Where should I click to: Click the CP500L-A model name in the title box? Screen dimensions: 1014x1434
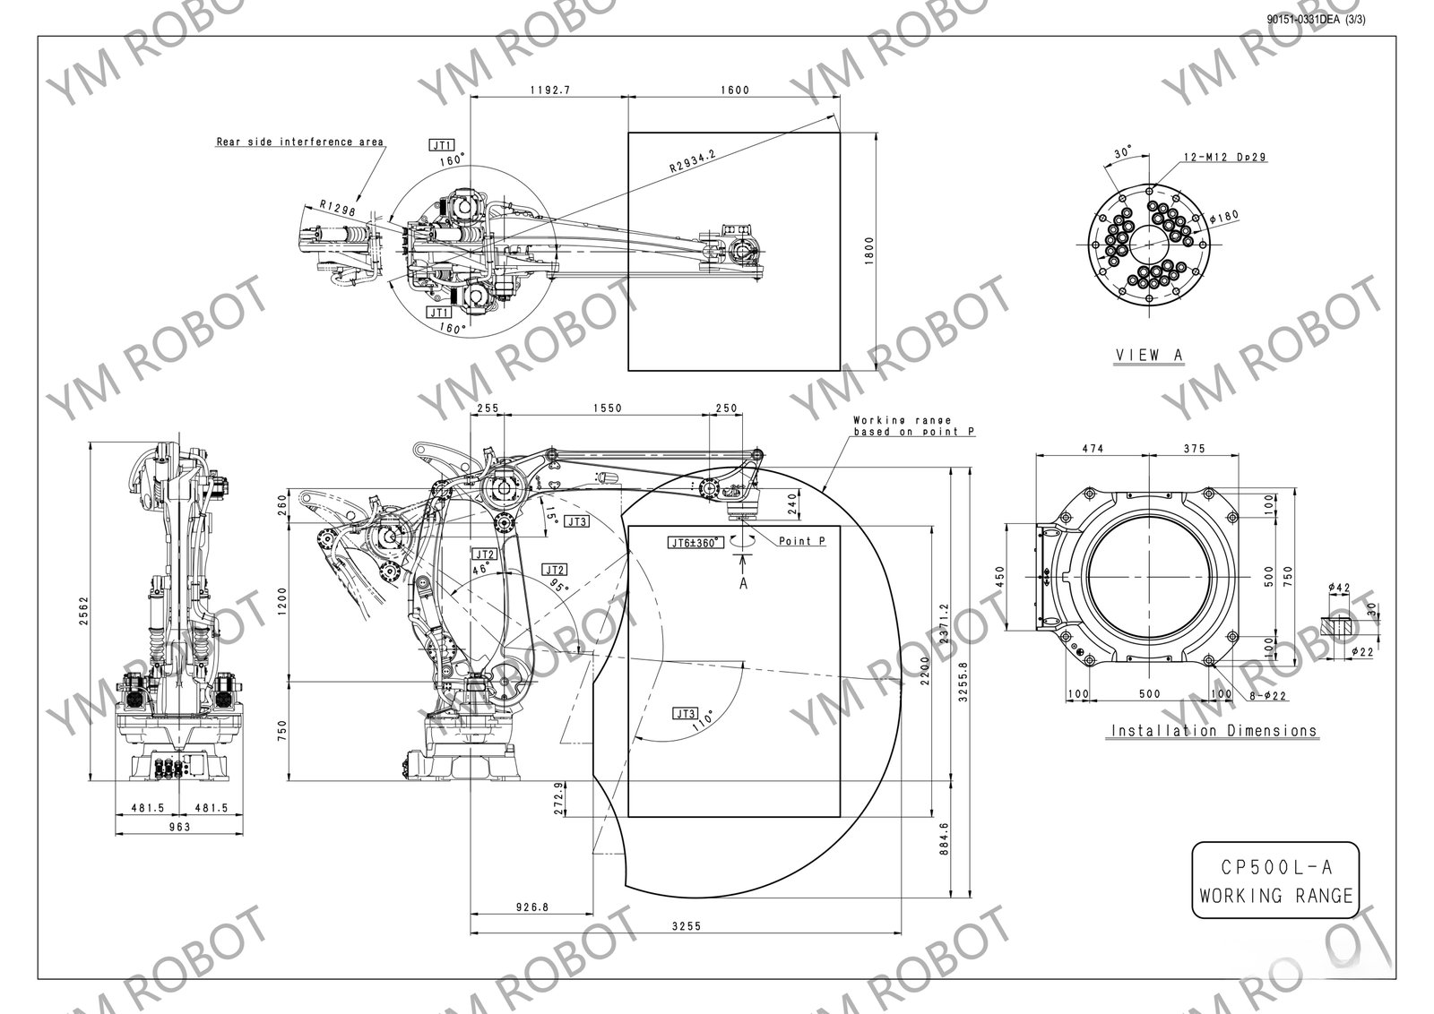click(1277, 867)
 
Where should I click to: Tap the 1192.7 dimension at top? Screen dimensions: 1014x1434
click(550, 90)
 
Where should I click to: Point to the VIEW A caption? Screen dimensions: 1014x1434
click(1149, 355)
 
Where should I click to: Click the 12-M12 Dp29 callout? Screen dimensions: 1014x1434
click(1224, 158)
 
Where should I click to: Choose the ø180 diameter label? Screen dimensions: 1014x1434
click(1223, 215)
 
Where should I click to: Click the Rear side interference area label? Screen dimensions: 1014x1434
click(299, 142)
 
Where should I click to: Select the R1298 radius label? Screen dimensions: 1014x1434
click(337, 208)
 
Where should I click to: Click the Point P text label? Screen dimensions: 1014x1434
click(801, 541)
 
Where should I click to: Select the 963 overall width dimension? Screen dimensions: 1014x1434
click(179, 827)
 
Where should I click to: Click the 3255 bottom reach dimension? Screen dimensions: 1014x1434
click(685, 926)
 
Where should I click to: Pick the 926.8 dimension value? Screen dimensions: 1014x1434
click(532, 907)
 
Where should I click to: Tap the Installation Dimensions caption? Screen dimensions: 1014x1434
click(1214, 731)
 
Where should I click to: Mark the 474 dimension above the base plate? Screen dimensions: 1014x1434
click(1092, 449)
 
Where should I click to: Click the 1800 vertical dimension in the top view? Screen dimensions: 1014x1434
click(868, 251)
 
